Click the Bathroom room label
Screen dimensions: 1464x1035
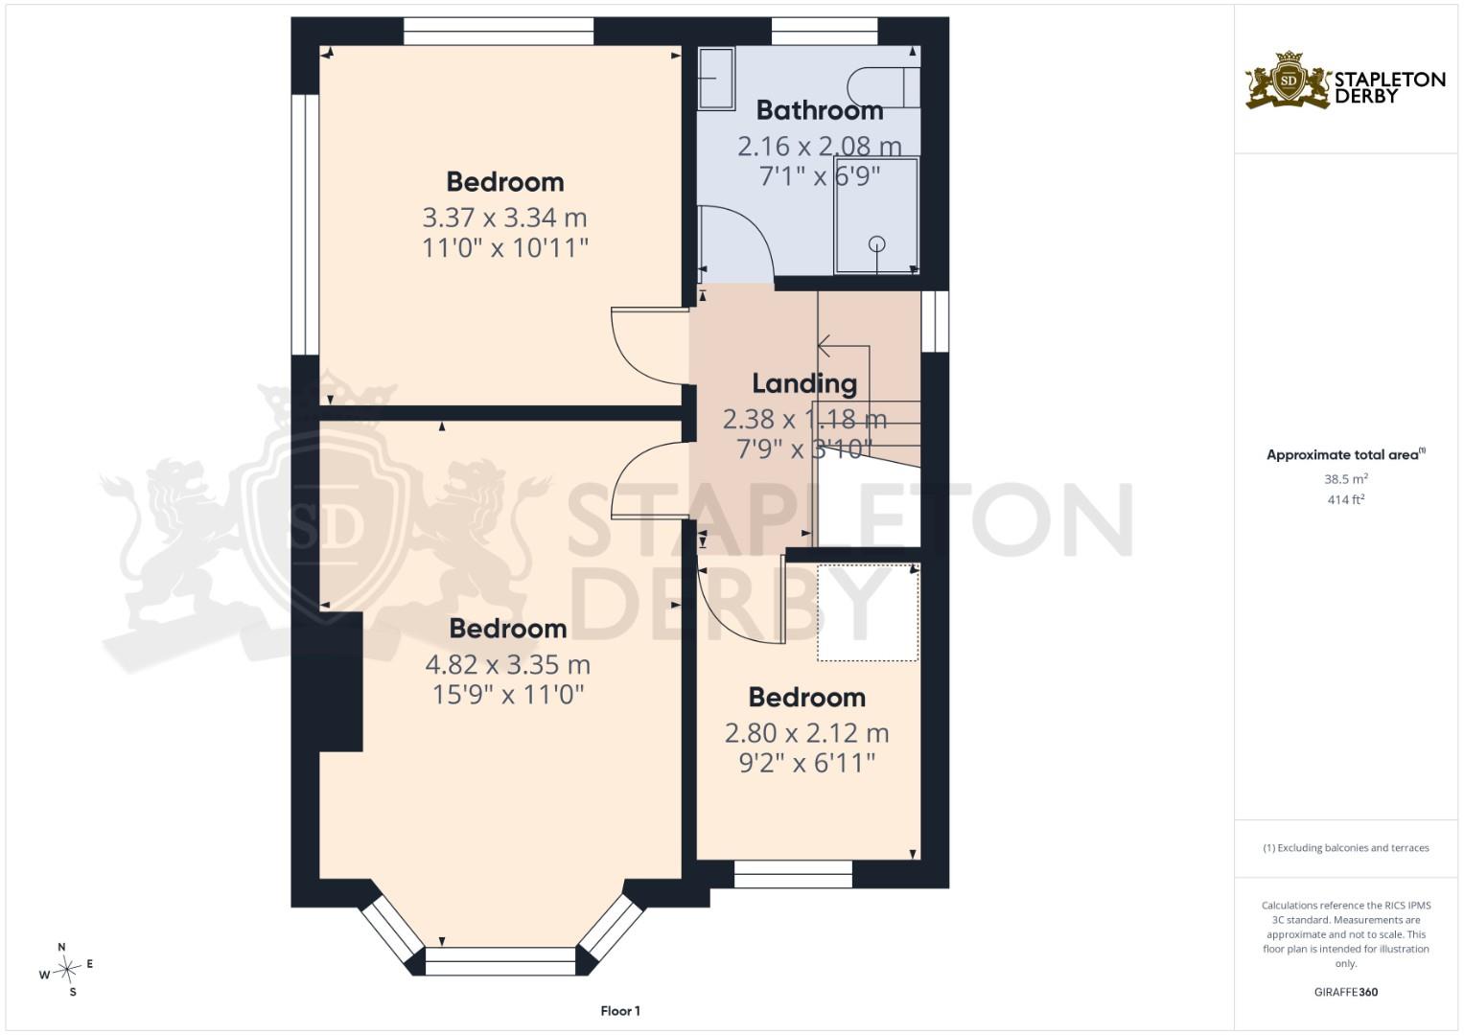(820, 110)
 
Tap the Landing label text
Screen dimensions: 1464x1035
(804, 383)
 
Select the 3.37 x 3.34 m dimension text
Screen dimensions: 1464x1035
(504, 218)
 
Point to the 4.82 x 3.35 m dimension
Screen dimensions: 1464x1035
(508, 664)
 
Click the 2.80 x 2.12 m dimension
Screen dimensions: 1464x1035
(806, 733)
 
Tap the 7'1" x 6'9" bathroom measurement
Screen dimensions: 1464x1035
(820, 175)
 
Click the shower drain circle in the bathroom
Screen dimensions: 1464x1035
(877, 243)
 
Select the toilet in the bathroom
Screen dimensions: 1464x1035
(884, 87)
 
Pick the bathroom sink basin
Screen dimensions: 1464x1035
(717, 78)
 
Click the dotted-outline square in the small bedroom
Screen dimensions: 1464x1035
(869, 612)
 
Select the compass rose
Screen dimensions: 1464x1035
(66, 969)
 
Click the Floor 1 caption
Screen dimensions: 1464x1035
(620, 1011)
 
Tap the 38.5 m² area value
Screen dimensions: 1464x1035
(1346, 478)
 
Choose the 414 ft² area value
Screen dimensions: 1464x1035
(1346, 499)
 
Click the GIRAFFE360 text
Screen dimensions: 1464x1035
(1346, 992)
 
